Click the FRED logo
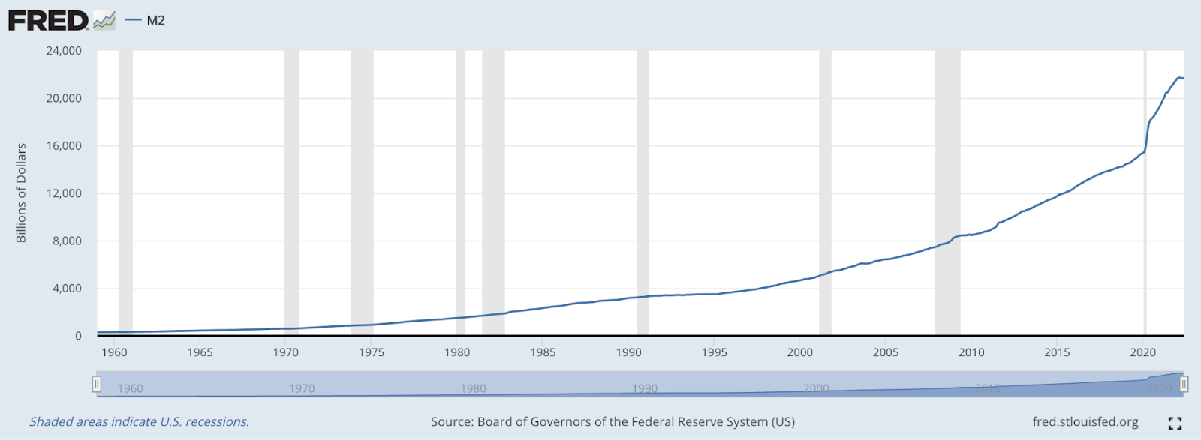point(49,20)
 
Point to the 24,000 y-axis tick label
point(64,51)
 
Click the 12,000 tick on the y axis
point(64,193)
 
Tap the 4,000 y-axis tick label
point(68,289)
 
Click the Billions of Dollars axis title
point(21,193)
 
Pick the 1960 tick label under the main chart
point(114,352)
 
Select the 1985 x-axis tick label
point(543,352)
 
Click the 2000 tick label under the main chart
point(800,352)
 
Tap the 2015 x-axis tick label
point(1057,352)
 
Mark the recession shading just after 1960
point(125,187)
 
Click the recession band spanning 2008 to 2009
point(947,187)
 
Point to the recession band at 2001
point(825,187)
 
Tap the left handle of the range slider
point(97,385)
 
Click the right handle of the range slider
point(1184,385)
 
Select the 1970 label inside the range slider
point(302,388)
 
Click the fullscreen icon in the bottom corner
point(1175,424)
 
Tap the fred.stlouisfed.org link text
point(1085,422)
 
